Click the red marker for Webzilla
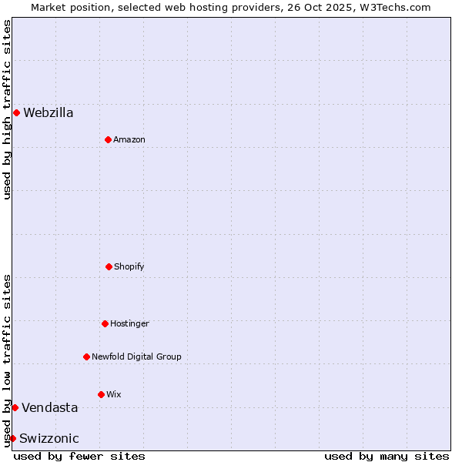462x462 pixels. [16, 112]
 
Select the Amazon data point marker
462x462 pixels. [108, 139]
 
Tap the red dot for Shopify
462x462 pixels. [109, 266]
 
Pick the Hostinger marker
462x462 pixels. [105, 323]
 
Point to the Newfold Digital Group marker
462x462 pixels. [86, 357]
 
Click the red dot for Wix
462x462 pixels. [101, 394]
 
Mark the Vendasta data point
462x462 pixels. [15, 407]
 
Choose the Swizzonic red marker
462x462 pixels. [12, 438]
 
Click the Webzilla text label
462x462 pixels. [49, 112]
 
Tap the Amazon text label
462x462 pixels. [129, 139]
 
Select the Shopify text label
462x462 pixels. [129, 266]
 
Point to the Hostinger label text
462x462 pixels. [129, 323]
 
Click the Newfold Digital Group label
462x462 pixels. [136, 357]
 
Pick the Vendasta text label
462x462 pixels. [49, 407]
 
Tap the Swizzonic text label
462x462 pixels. [49, 438]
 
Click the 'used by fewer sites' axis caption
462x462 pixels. [79, 456]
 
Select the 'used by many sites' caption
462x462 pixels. [387, 456]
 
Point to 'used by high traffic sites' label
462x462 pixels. [7, 109]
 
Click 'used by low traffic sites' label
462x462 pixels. [7, 360]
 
